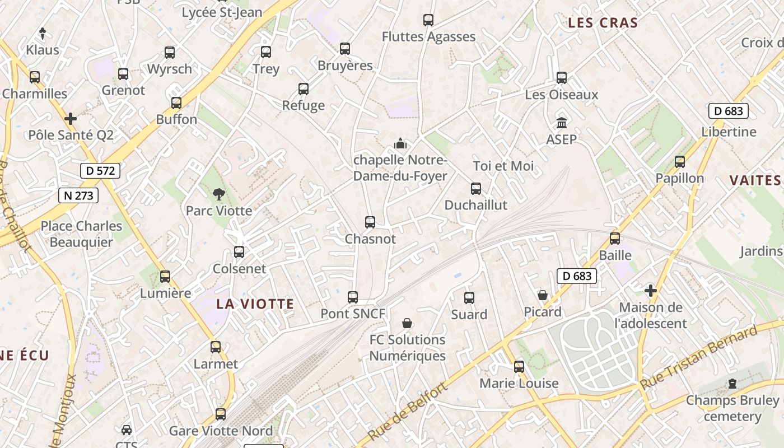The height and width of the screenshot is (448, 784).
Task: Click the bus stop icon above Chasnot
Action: [x=370, y=222]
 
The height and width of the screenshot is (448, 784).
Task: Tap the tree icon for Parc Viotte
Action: [x=218, y=194]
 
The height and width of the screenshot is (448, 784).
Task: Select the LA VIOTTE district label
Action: [x=255, y=304]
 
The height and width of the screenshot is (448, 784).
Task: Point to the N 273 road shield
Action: [x=78, y=195]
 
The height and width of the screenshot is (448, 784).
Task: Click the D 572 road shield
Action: [x=100, y=171]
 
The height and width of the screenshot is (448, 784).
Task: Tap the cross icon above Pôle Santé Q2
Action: [x=71, y=119]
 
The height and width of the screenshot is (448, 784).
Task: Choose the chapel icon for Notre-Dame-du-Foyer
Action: [x=400, y=143]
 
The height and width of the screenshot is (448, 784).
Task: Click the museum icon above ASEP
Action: [x=562, y=122]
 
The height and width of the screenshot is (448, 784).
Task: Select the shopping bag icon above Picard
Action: [x=543, y=295]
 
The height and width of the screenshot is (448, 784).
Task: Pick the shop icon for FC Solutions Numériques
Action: [x=407, y=323]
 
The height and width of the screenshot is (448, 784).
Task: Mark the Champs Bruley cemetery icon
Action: [x=732, y=384]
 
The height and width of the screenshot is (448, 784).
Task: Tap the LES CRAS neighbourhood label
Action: [x=603, y=23]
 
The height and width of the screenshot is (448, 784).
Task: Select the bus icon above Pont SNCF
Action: [x=353, y=297]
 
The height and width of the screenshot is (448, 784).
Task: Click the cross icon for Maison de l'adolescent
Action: [x=650, y=291]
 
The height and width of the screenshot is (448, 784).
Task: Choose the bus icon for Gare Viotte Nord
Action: [x=221, y=414]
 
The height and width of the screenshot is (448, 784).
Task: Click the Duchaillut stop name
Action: [x=475, y=205]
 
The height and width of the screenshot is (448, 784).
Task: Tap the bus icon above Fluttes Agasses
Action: [x=428, y=20]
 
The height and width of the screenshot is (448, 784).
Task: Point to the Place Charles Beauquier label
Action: [x=81, y=234]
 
